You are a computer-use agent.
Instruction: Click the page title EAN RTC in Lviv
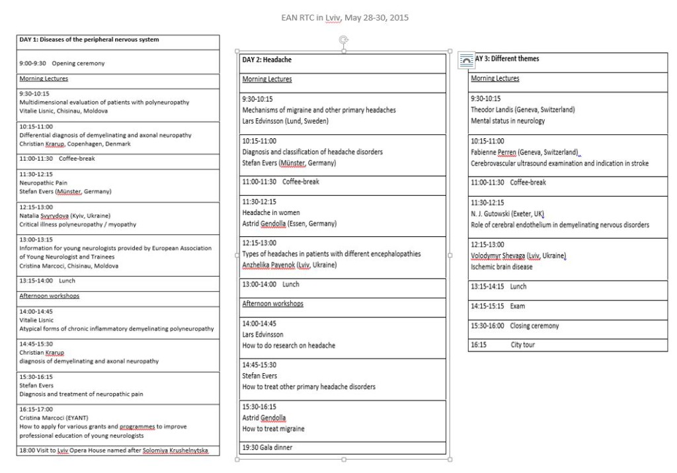(344, 17)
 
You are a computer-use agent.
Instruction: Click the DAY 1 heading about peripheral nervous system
(89, 40)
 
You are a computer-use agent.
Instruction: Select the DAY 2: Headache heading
(267, 60)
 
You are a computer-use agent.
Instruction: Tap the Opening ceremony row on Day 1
(62, 64)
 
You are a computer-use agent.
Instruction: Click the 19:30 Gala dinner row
(267, 448)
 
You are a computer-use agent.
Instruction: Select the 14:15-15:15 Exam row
(498, 306)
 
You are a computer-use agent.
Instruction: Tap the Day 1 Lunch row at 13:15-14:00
(48, 281)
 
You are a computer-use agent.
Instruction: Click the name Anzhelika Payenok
(268, 265)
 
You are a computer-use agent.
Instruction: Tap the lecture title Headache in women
(271, 213)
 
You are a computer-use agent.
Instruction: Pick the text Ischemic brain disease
(501, 267)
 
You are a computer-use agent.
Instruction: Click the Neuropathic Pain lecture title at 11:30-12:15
(44, 183)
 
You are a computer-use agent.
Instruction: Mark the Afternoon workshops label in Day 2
(273, 304)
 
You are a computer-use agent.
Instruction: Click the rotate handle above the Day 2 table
(343, 40)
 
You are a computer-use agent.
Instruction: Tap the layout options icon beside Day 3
(465, 60)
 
